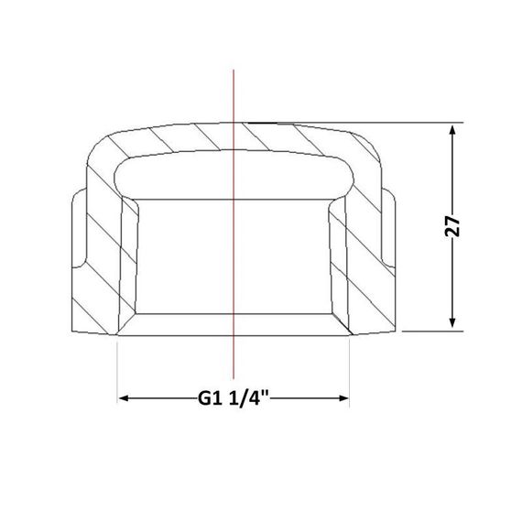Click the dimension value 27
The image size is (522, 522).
(x=451, y=225)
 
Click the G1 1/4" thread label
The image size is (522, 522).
(x=233, y=398)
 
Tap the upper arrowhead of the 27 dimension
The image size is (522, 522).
(x=452, y=130)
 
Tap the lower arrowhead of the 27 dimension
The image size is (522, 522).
(x=452, y=322)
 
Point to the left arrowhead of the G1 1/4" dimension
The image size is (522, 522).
(x=125, y=398)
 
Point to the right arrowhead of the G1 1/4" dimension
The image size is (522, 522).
(x=343, y=398)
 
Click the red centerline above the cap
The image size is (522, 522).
(x=234, y=96)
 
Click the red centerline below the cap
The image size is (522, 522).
(x=234, y=357)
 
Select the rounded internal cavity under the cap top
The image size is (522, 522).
(x=234, y=176)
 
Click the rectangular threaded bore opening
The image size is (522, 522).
(x=234, y=256)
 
